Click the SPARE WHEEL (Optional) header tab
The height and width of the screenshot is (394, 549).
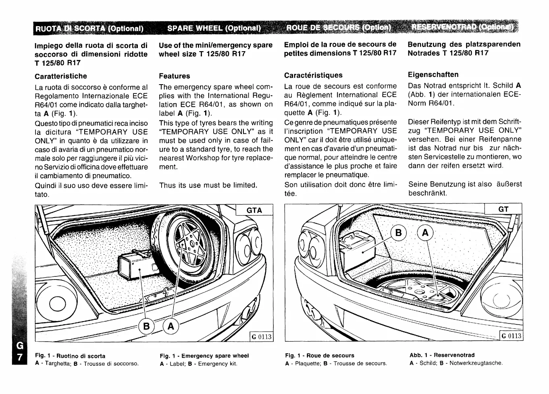point(214,28)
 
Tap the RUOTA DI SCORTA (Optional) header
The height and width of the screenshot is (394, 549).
point(89,29)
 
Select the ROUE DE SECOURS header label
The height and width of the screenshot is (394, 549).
point(339,28)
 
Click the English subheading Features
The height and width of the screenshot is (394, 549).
point(174,76)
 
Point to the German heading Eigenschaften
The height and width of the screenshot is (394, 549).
point(433,75)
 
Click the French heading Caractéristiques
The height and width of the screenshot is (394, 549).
point(313,75)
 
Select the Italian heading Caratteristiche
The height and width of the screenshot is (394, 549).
point(60,76)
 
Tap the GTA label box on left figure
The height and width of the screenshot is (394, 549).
point(254,210)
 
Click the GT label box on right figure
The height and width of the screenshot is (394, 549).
point(503,209)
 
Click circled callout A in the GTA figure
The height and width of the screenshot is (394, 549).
point(171,326)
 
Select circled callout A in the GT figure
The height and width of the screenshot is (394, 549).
point(426,233)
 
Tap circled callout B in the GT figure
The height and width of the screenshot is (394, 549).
point(398,233)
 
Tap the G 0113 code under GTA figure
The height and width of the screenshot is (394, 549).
point(261,336)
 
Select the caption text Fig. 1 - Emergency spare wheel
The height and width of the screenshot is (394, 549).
point(204,356)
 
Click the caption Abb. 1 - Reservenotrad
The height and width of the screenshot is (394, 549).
point(442,355)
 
